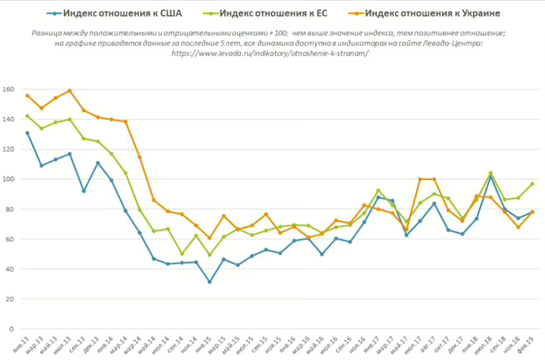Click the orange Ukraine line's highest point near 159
[x=70, y=91]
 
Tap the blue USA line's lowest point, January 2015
[x=209, y=282]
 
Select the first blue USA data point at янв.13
[x=27, y=133]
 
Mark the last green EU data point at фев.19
[x=532, y=184]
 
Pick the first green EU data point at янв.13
[x=27, y=116]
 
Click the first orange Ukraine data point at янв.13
[x=27, y=96]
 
